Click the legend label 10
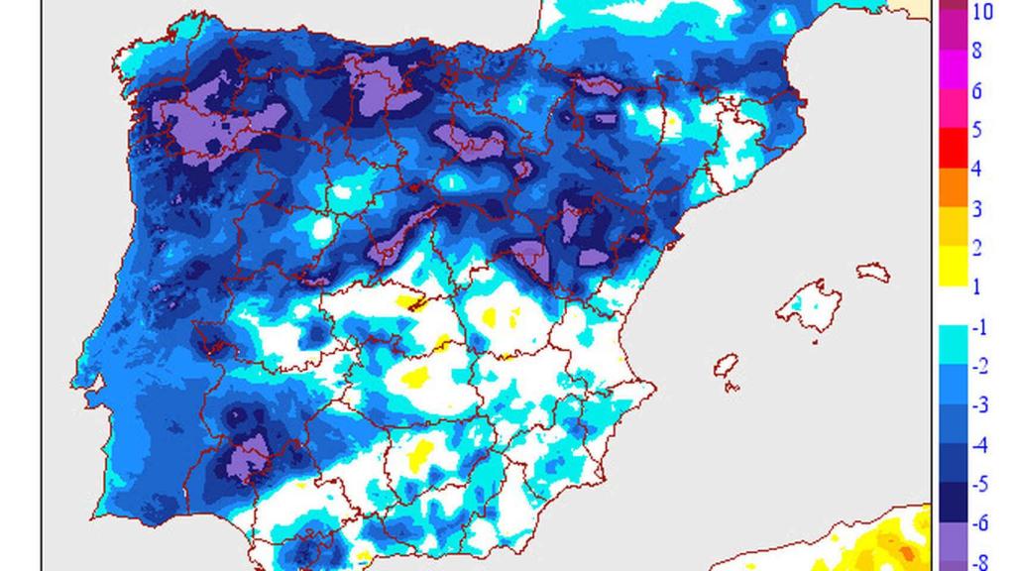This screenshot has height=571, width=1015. (983, 12)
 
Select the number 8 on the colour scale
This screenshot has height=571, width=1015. (976, 52)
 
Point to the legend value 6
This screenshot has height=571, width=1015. (976, 91)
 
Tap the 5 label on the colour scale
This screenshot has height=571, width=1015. (976, 130)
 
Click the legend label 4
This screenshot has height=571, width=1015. (976, 169)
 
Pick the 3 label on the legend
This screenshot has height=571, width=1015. (976, 208)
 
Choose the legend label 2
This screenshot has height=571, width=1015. (976, 248)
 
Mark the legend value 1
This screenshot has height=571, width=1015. (976, 287)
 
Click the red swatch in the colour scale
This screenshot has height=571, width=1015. (947, 149)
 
